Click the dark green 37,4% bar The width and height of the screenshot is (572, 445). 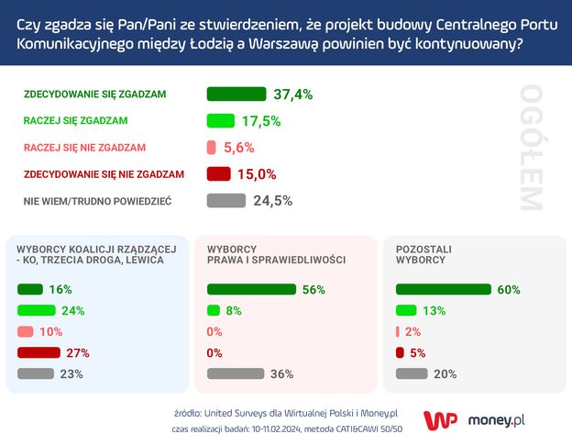point(236,94)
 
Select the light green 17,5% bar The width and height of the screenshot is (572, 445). point(221,120)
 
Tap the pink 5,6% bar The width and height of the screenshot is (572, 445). point(212,147)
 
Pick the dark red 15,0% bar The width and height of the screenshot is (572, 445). point(218,173)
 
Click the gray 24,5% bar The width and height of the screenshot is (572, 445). point(226,200)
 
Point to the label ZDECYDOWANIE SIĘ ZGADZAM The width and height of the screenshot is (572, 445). point(94,94)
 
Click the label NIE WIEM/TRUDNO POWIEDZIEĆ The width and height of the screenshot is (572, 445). point(97,200)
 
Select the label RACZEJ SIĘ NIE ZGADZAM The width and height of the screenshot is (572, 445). point(84,147)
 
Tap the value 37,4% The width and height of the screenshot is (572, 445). point(293,94)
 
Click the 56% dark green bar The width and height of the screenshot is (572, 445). point(252,289)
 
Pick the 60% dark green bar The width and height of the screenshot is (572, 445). point(443,289)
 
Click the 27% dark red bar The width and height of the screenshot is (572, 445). point(38,352)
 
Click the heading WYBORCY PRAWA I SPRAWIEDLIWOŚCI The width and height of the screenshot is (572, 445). point(276,254)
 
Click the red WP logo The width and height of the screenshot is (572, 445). point(440,419)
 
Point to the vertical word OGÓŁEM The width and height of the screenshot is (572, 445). point(531,147)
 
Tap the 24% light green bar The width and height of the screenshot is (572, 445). point(37,310)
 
